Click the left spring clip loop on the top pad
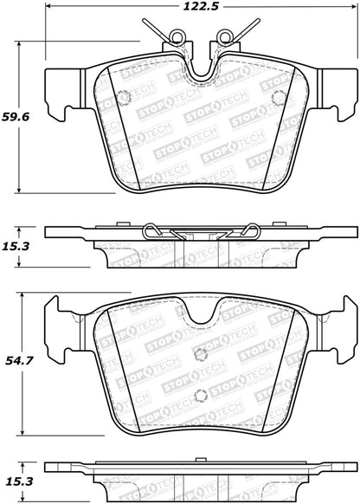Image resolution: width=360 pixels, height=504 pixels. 179,39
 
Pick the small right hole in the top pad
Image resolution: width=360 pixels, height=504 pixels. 277,98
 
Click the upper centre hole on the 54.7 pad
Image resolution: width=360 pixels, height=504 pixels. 202,352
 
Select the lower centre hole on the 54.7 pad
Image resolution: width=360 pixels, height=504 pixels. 202,397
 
